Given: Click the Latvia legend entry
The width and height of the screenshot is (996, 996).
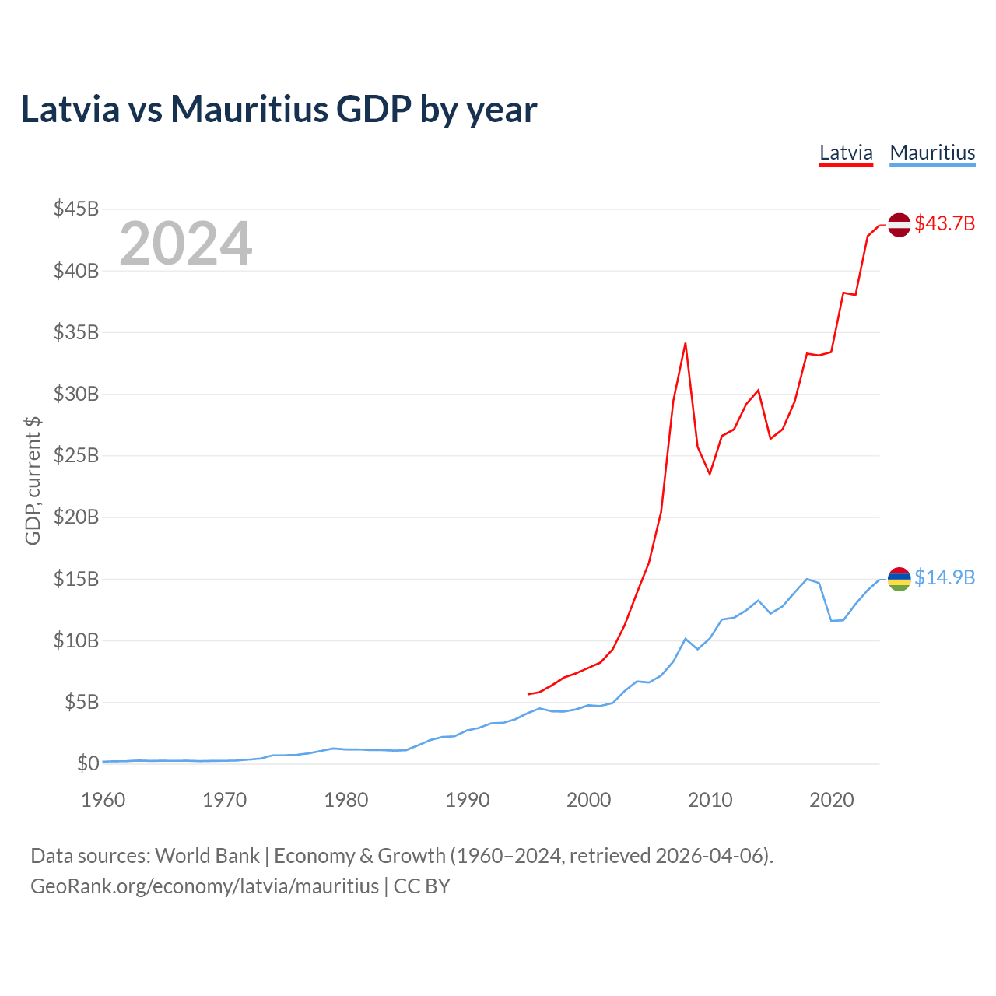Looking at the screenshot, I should (846, 153).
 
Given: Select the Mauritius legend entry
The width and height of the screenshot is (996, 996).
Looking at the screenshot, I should (932, 153).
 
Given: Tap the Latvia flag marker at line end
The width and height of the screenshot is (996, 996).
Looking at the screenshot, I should (900, 224).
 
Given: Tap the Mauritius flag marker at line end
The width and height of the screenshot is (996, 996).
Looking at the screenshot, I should (900, 579).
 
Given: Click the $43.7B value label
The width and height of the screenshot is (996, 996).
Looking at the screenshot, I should (945, 224).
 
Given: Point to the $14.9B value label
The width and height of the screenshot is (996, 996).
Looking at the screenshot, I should (945, 578).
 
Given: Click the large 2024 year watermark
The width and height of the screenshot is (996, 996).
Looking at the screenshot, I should (186, 244).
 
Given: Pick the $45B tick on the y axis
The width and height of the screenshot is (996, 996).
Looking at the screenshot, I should (76, 209).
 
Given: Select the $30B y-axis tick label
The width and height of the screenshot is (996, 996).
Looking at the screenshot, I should (76, 395).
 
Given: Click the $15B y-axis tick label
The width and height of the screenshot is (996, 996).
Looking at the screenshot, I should (76, 580).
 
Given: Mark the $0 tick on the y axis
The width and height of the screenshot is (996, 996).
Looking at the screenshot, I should (88, 764).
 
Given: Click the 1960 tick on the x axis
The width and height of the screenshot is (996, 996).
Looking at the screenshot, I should (103, 800).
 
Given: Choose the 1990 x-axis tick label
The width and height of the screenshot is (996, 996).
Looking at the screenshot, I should (468, 800).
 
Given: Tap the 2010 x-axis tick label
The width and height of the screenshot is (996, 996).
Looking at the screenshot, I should (710, 800).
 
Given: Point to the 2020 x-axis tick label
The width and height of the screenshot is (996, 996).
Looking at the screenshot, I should (832, 800).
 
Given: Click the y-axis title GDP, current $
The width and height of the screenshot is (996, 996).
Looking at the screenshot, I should (33, 481).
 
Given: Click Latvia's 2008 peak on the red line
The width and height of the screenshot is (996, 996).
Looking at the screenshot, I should (686, 343).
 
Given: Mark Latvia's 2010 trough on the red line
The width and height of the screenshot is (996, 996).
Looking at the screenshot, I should (710, 474).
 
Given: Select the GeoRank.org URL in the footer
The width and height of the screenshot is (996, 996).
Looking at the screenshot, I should (205, 886).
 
